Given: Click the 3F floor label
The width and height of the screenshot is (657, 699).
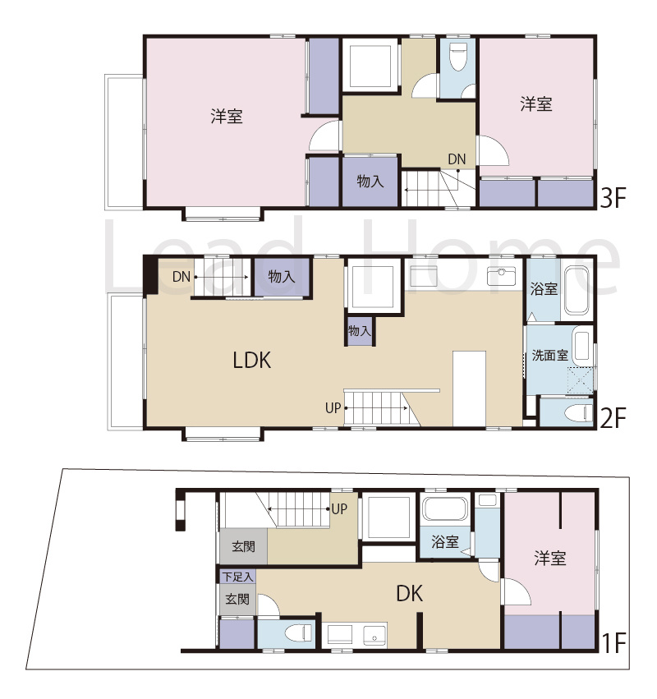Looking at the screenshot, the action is (613, 198).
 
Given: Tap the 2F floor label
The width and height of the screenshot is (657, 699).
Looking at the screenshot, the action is (613, 418).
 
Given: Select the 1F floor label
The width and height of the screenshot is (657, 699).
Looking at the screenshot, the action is (614, 642).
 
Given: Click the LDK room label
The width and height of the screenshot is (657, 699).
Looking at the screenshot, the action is (252, 361).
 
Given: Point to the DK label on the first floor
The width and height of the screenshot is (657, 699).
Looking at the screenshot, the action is (410, 593).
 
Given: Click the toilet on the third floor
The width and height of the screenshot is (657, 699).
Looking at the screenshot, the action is (457, 56).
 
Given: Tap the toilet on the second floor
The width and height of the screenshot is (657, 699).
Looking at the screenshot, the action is (578, 413).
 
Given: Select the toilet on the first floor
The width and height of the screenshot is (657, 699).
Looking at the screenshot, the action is (298, 632).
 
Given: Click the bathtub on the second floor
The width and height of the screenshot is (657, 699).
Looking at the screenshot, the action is (577, 290).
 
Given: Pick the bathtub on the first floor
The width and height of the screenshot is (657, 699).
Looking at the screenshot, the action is (445, 508).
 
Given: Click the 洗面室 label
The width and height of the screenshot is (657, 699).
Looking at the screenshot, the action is (549, 356).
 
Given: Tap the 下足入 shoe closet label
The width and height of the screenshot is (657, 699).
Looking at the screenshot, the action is (237, 577).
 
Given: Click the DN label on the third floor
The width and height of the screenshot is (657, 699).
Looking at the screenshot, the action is (457, 159).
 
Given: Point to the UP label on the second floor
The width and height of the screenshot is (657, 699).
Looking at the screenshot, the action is (333, 408).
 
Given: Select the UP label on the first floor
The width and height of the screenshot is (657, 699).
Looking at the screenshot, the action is (339, 509).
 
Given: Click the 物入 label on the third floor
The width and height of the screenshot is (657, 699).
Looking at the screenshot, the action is (370, 181).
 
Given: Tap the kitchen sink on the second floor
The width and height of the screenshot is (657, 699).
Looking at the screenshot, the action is (502, 276).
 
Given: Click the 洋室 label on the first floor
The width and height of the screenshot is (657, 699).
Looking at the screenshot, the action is (550, 558).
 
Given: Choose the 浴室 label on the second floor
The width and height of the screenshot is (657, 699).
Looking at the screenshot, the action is (544, 289).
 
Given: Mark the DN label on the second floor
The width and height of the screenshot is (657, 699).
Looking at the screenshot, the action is (181, 277).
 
